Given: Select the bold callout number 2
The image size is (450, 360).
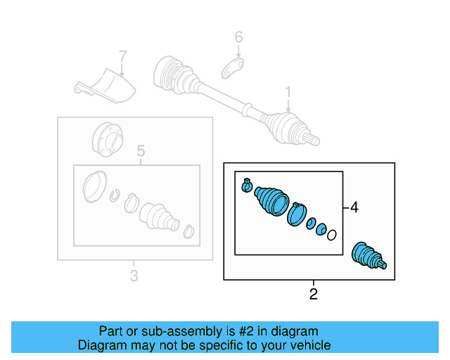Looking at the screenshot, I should [x=314, y=294].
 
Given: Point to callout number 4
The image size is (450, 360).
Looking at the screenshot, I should [x=354, y=207].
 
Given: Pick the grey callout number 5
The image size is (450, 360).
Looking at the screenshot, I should [x=140, y=150].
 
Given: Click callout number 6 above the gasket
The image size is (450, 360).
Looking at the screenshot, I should [x=238, y=37].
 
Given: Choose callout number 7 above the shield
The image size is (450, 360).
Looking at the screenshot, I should [x=122, y=56].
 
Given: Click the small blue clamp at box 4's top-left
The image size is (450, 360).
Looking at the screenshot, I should [x=247, y=185].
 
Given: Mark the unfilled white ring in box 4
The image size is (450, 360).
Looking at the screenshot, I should [x=332, y=235].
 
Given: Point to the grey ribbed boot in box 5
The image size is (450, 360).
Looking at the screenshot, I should [x=159, y=216].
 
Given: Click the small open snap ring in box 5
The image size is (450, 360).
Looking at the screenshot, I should [x=117, y=195].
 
